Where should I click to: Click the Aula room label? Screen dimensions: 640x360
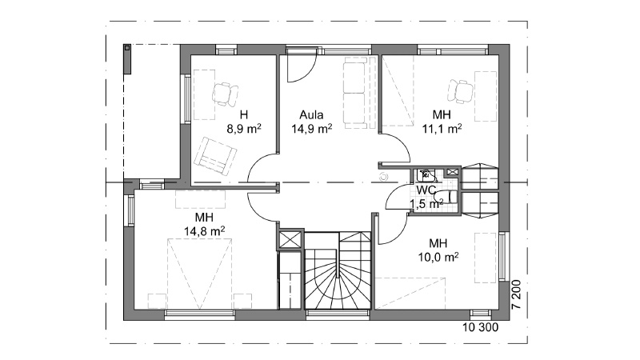[311, 114]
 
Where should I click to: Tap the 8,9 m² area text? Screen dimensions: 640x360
[244, 129]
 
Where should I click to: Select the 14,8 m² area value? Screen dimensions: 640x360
[204, 231]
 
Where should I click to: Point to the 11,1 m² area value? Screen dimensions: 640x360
[442, 129]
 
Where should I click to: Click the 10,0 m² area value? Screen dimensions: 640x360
[438, 257]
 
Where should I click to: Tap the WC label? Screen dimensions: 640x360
[426, 190]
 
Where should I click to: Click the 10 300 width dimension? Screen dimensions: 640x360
[481, 327]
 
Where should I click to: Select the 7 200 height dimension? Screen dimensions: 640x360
[516, 294]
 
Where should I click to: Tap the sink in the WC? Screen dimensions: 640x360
[426, 175]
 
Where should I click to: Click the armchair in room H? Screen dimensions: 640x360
[214, 156]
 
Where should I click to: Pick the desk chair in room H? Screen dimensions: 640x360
[225, 94]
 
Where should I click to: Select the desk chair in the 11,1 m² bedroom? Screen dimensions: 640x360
[460, 91]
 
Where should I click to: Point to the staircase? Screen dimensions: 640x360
[338, 270]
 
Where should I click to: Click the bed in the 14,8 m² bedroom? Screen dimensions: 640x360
[199, 274]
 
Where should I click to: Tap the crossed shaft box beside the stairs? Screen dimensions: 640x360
[290, 239]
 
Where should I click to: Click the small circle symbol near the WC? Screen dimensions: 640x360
[383, 177]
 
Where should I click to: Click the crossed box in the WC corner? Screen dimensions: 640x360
[452, 172]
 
